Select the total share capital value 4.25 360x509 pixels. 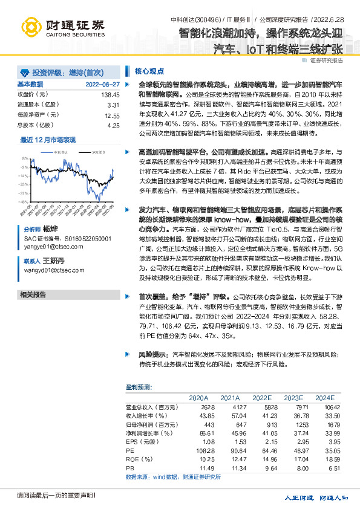click(113, 125)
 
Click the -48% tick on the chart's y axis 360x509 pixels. click(22, 201)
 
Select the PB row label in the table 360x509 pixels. click(129, 468)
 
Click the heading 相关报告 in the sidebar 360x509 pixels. click(33, 294)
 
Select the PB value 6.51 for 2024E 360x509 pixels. click(327, 468)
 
